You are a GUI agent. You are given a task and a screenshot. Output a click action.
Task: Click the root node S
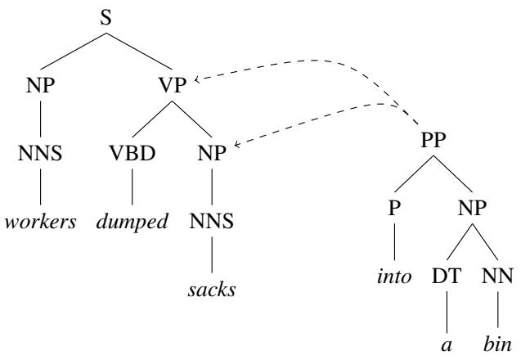(x=106, y=18)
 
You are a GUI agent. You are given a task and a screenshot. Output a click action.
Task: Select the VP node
(x=172, y=85)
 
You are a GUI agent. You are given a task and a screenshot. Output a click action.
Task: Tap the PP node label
(x=433, y=140)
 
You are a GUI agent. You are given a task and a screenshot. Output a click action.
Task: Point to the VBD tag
(x=132, y=153)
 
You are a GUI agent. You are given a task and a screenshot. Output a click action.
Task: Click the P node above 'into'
(x=394, y=208)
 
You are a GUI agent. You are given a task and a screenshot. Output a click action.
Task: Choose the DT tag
(x=447, y=276)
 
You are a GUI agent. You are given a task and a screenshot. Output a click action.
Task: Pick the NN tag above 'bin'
(x=497, y=276)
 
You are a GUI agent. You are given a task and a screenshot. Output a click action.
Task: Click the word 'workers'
(x=41, y=222)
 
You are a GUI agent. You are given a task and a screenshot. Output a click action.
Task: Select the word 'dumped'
(x=132, y=222)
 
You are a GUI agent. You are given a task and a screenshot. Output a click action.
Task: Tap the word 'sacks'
(x=212, y=290)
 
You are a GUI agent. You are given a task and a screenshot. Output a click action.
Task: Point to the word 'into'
(x=394, y=277)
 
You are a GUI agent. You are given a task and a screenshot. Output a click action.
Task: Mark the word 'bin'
(x=497, y=344)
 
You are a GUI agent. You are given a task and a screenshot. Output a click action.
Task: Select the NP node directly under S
(x=41, y=85)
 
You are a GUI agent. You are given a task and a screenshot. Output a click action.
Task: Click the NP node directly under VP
(x=212, y=153)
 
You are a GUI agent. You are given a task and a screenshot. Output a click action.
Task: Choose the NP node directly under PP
(x=472, y=208)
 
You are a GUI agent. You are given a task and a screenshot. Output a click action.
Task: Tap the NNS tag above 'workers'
(x=40, y=153)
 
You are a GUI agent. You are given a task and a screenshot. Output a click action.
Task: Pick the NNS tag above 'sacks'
(x=212, y=221)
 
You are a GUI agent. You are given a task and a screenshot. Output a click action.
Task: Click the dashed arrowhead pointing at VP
(x=196, y=79)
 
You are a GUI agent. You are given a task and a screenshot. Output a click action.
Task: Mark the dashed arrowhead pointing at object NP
(x=236, y=145)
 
